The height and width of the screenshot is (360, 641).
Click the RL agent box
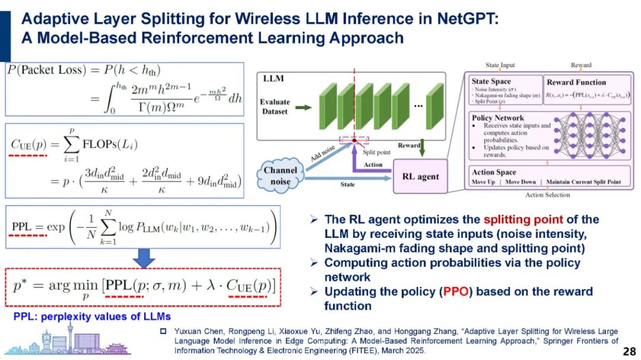420,176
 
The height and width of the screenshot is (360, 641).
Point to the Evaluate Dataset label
275,107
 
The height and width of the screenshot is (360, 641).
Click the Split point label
377,152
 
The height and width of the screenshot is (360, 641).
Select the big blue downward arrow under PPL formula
143,256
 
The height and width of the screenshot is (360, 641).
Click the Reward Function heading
576,82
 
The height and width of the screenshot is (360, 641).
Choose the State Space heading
491,82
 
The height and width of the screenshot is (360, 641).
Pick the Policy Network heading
497,118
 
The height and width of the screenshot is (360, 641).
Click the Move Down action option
519,181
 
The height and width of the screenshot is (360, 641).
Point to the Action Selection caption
548,195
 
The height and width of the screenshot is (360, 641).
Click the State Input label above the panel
500,65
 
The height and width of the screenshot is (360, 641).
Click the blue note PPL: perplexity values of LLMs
92,316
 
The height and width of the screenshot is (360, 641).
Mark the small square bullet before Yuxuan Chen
164,331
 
